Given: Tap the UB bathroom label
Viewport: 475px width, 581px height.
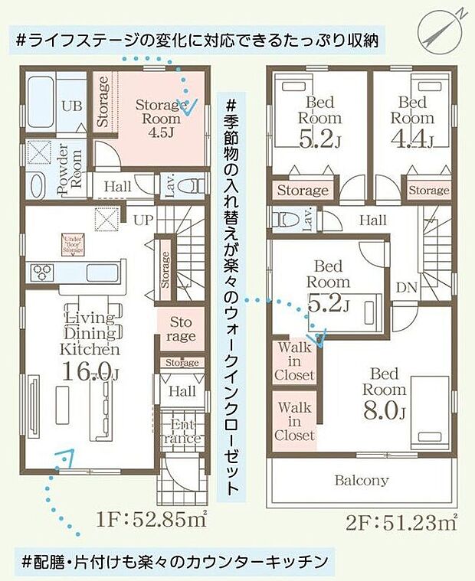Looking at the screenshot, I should click(72, 106).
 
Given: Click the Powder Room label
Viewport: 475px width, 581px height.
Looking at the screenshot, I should click(76, 165).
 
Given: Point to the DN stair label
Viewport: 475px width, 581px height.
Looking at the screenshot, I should click(407, 288).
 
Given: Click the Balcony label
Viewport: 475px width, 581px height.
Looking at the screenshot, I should click(361, 481).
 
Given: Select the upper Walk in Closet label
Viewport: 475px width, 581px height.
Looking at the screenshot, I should click(295, 361).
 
